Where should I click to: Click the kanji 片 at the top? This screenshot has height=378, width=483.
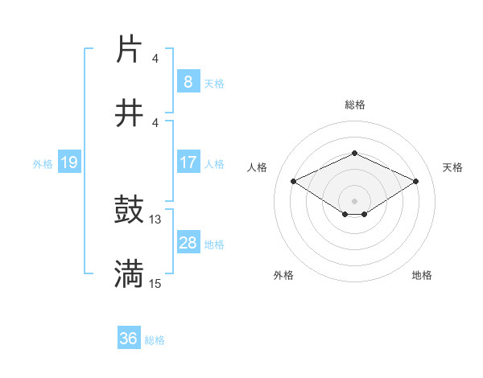click(x=129, y=50)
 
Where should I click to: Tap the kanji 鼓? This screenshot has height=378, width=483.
click(x=129, y=211)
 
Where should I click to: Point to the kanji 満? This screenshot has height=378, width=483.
click(x=129, y=273)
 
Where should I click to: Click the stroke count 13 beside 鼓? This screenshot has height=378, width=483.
click(x=155, y=219)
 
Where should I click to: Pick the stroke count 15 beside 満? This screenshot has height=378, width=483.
click(x=155, y=283)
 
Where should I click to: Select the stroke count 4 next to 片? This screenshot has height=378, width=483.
click(x=155, y=59)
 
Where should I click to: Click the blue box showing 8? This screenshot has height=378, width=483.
click(x=188, y=81)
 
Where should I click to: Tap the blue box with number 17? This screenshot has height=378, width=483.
click(x=188, y=162)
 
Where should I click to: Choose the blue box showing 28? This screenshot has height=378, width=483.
click(x=188, y=243)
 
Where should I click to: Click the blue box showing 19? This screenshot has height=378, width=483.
click(x=68, y=163)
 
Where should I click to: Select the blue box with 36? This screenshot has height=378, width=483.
click(x=128, y=339)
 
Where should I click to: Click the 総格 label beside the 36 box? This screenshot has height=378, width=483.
click(x=155, y=340)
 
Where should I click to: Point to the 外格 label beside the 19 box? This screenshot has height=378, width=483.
click(x=43, y=164)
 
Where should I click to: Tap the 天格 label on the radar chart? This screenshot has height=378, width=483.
click(x=452, y=167)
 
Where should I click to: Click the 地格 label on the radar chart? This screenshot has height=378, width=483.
click(x=422, y=275)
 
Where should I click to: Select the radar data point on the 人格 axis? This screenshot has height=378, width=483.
click(x=293, y=182)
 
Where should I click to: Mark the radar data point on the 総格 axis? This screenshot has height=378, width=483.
click(x=354, y=153)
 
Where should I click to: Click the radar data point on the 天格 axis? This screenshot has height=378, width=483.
click(x=415, y=182)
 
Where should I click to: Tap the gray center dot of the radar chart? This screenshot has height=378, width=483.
click(x=354, y=200)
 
